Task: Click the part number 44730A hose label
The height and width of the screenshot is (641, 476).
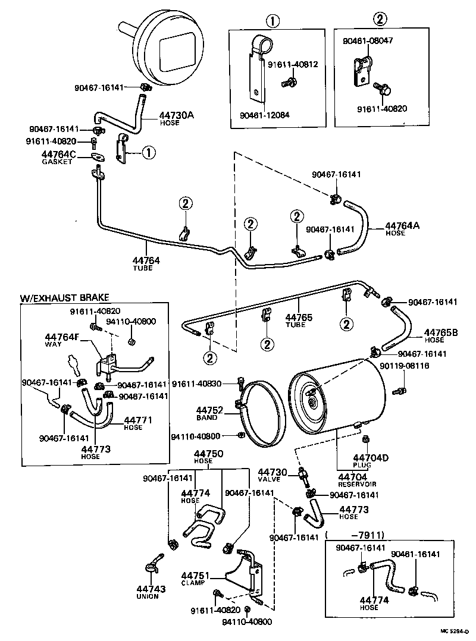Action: point(176,115)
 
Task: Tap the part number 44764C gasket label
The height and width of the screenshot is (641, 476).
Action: point(58,156)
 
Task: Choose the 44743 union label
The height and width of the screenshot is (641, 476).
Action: point(147,589)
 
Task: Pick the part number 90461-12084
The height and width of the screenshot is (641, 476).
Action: point(265,114)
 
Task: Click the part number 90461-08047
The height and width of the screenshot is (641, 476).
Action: point(368,41)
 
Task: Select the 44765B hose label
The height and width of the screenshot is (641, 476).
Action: point(440,333)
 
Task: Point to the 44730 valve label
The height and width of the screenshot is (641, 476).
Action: point(273,472)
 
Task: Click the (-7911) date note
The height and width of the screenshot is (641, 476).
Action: point(356,534)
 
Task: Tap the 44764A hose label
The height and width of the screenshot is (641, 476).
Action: point(402,226)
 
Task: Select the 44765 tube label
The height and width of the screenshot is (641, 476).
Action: point(298,318)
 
